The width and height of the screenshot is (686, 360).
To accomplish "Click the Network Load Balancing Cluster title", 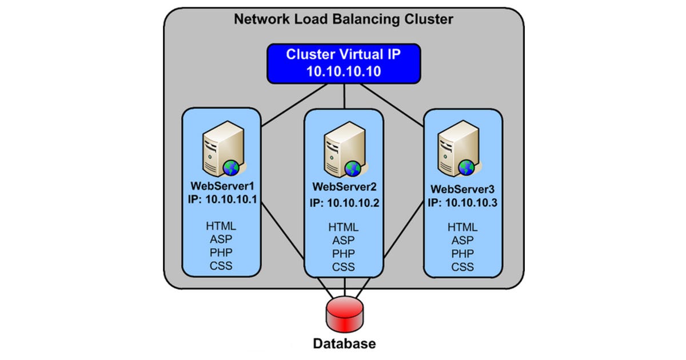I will click(x=344, y=19).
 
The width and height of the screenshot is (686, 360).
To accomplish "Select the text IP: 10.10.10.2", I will click(x=344, y=202).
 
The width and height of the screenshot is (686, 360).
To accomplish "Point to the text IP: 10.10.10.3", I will click(x=462, y=203).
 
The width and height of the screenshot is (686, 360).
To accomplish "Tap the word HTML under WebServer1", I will click(x=221, y=225).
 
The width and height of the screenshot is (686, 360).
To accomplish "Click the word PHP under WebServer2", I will click(x=344, y=254).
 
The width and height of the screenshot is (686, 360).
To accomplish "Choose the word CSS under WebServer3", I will click(x=462, y=267).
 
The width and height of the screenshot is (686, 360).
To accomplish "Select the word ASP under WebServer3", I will click(x=462, y=241).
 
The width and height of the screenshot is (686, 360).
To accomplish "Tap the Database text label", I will click(x=344, y=344).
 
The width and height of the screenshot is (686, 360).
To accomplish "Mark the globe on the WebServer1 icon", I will click(x=231, y=167).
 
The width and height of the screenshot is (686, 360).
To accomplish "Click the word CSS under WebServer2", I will click(x=344, y=267).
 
